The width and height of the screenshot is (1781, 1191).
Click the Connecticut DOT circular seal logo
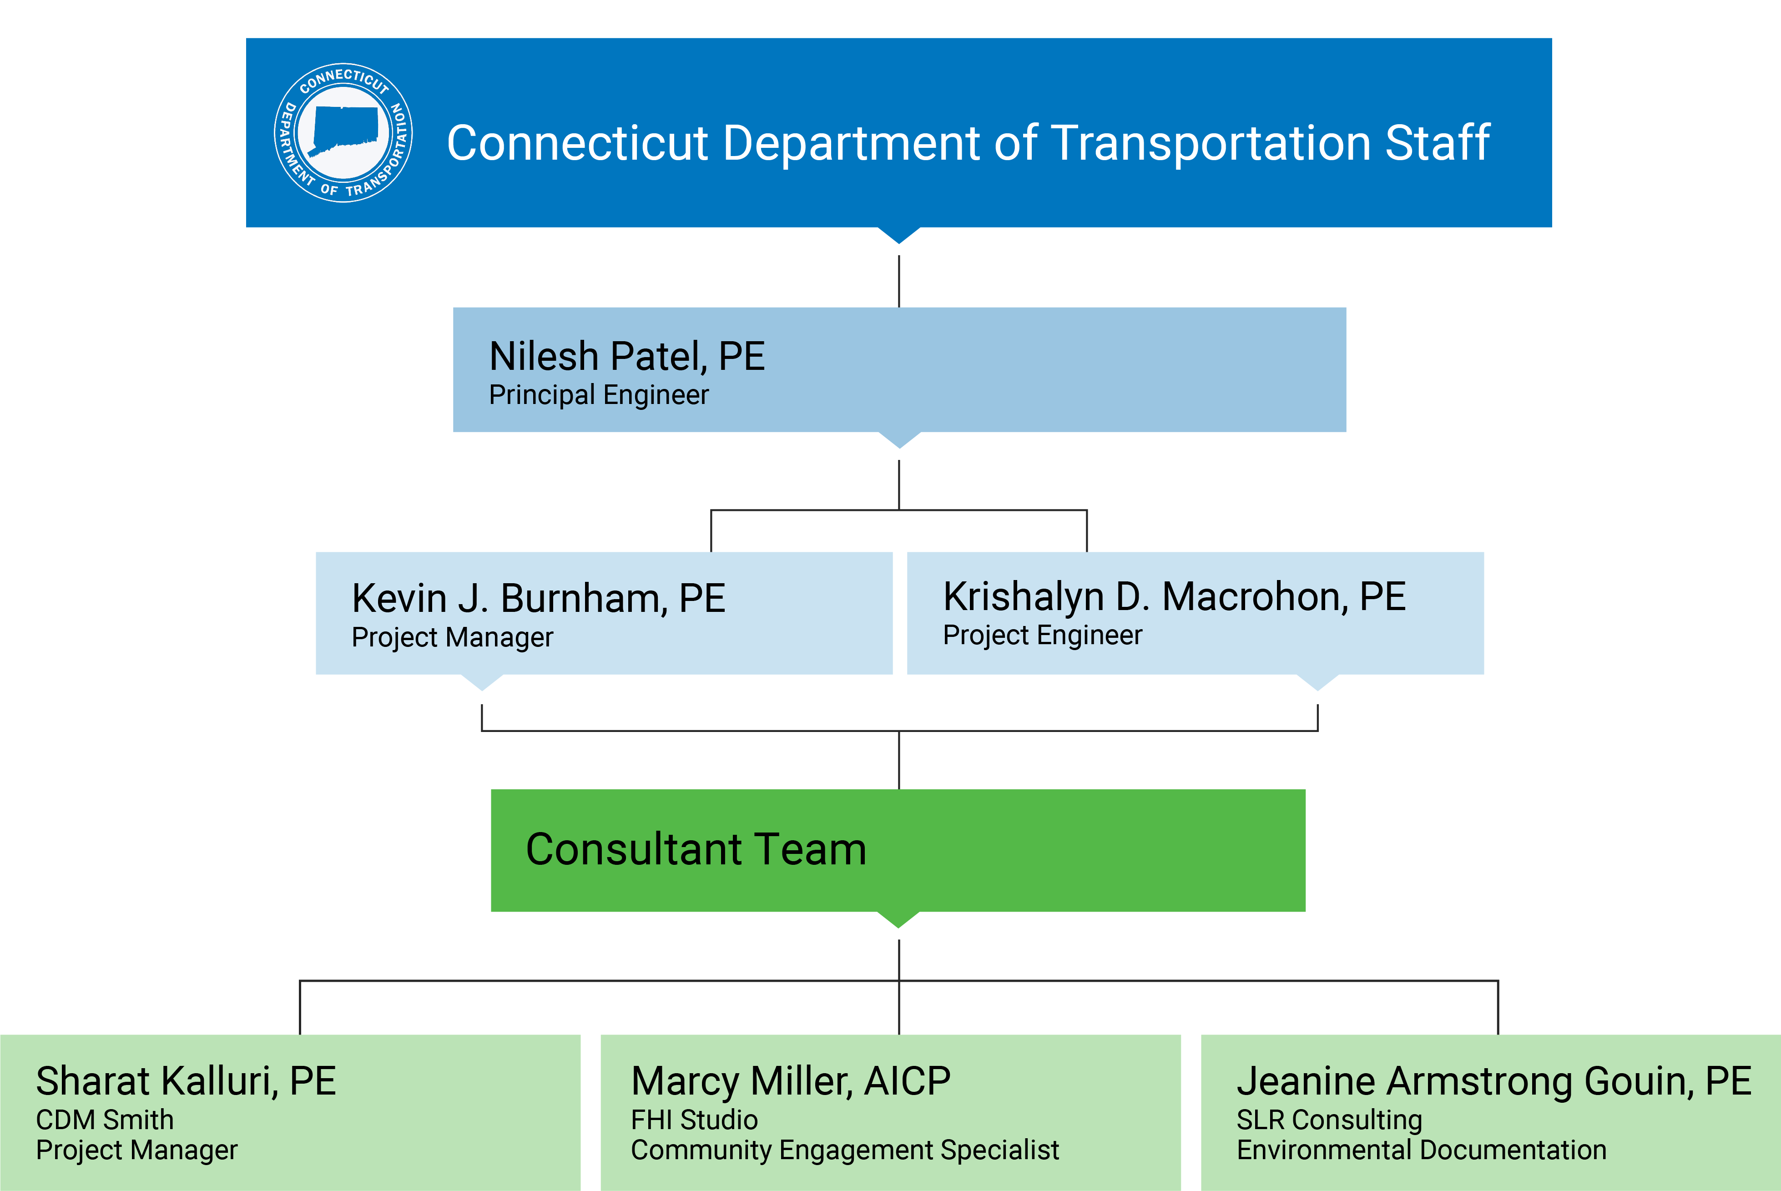click(343, 133)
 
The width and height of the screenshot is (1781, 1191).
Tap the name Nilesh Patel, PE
click(626, 356)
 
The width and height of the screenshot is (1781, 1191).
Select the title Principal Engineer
click(599, 395)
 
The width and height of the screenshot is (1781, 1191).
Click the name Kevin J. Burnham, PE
click(539, 599)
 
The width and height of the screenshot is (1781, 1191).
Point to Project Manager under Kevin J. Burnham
click(452, 637)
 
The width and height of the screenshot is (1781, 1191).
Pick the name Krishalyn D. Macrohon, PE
click(1174, 596)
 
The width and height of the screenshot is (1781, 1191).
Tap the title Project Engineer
click(1042, 635)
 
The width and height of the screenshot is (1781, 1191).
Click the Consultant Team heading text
click(696, 849)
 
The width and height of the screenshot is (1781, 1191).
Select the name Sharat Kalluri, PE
click(186, 1081)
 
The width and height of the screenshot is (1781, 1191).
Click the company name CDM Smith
click(105, 1120)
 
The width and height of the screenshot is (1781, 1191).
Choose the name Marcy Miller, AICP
click(791, 1081)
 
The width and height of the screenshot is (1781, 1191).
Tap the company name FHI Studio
click(694, 1120)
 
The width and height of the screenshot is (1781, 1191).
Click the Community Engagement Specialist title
click(844, 1150)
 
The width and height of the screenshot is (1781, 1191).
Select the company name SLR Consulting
click(1329, 1120)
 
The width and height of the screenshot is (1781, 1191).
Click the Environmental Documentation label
click(1421, 1150)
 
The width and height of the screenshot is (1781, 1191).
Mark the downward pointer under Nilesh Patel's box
click(899, 440)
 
